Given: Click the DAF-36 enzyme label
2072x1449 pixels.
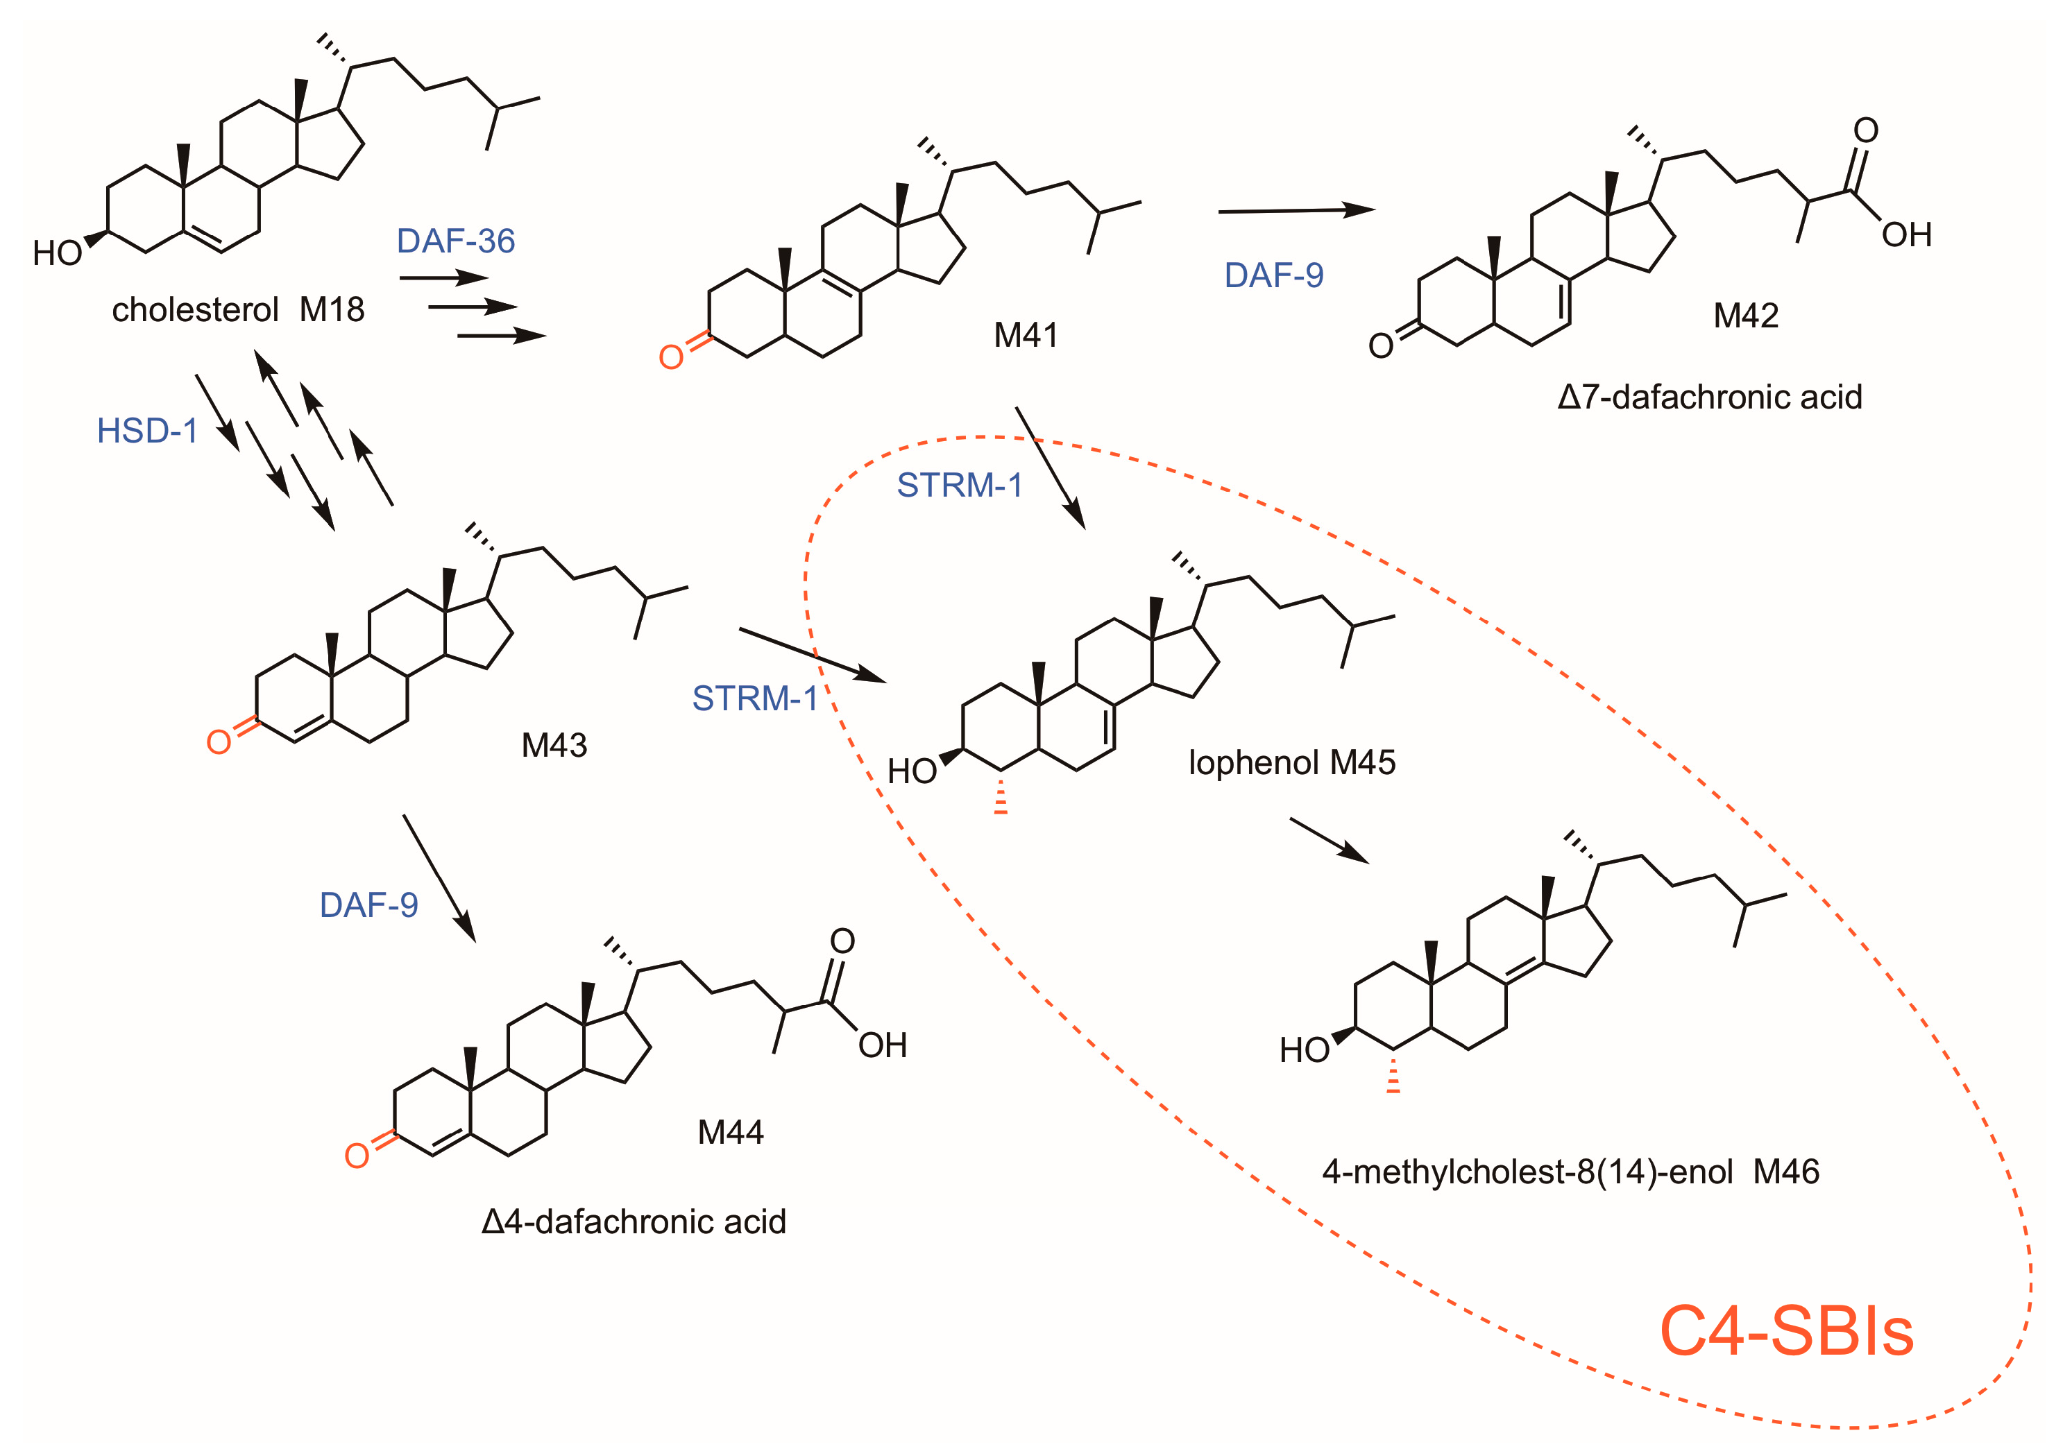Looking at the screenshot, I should point(456,241).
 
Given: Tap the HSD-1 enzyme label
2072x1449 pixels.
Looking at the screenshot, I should point(147,431).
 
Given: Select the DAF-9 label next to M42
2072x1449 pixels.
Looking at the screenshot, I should point(1273,275).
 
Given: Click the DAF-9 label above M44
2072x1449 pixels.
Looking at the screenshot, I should point(369,905).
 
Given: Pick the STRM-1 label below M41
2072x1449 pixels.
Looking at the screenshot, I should point(959,486).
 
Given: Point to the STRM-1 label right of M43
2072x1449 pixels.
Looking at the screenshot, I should point(754,698).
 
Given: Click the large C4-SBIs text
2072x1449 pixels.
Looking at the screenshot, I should point(1786,1332).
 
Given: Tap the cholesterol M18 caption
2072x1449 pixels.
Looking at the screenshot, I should point(238,310).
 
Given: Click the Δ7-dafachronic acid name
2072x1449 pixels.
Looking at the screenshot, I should point(1709,397).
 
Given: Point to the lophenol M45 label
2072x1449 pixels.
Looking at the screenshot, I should point(1291,763).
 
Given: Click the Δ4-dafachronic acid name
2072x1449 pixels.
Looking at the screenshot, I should point(634,1221).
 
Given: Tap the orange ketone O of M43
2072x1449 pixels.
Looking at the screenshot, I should point(219,741).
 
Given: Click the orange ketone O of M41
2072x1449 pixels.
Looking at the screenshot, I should point(670,357).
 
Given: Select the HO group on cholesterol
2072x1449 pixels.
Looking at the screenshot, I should point(57,254).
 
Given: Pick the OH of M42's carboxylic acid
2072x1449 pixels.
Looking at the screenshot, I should point(1906,235).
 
